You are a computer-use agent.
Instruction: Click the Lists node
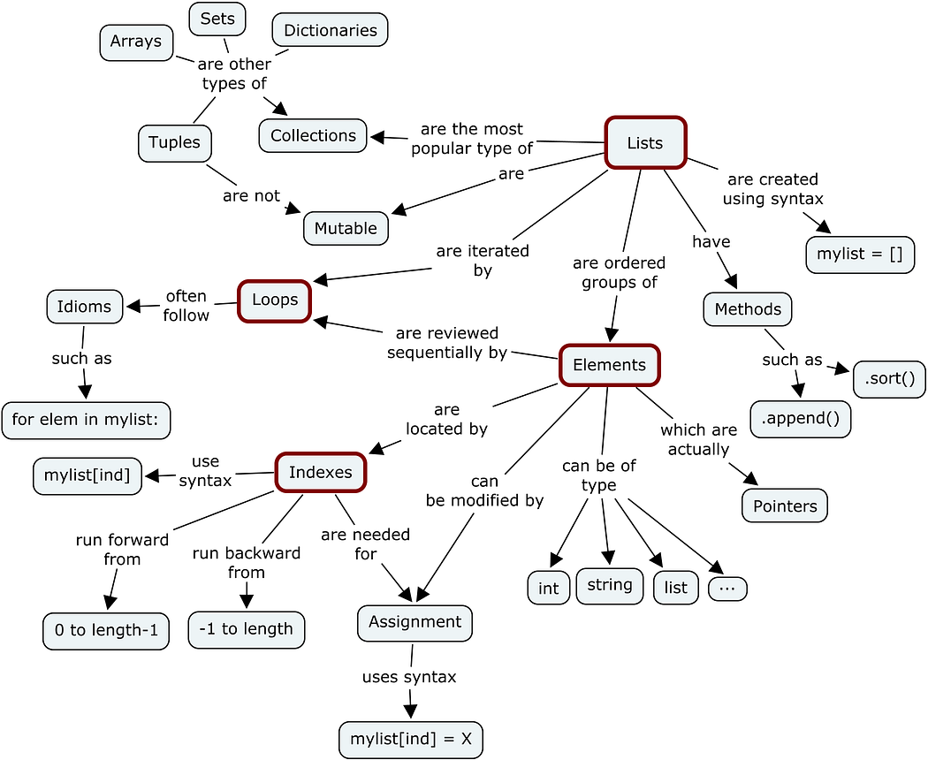pos(644,142)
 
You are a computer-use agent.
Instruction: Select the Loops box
pos(275,300)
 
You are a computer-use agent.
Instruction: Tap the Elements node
pos(609,365)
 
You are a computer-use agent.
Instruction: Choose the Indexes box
pos(321,472)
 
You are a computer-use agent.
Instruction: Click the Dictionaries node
pos(330,30)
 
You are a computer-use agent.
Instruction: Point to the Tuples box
pos(174,143)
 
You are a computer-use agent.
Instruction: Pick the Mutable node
pos(346,228)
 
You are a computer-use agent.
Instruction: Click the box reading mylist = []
pos(859,255)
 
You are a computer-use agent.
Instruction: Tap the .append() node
pos(800,419)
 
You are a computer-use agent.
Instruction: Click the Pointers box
pos(785,506)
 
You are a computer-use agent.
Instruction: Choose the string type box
pos(609,585)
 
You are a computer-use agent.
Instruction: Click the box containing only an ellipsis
pos(727,589)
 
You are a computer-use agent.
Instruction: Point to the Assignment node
pos(415,622)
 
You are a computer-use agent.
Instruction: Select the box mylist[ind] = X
pos(410,739)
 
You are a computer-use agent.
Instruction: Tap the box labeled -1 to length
pos(246,629)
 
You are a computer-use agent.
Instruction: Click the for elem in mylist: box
pos(86,420)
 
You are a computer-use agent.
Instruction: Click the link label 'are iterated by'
pos(482,261)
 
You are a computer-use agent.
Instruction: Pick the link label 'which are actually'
pos(698,439)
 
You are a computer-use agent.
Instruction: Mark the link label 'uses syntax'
pos(409,677)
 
